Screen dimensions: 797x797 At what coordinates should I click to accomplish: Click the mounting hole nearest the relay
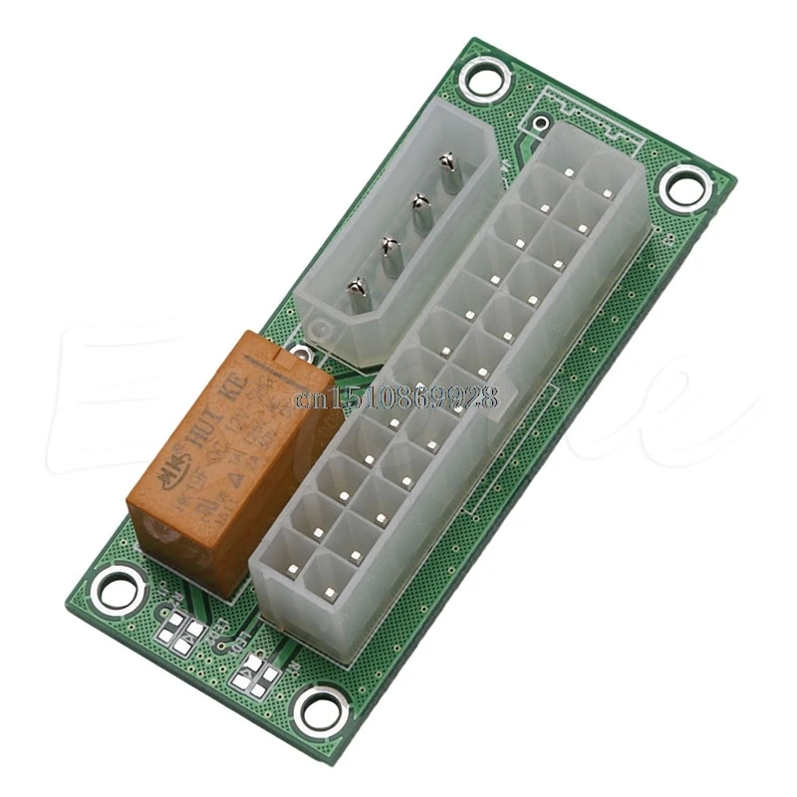pyautogui.click(x=119, y=590)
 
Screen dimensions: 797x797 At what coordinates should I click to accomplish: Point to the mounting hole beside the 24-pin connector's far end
pyautogui.click(x=686, y=186)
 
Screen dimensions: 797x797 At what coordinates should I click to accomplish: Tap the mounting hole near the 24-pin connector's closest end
pyautogui.click(x=321, y=710)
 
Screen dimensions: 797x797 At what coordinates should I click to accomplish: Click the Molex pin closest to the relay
pyautogui.click(x=356, y=290)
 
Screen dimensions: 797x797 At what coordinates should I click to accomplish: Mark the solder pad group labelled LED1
pyautogui.click(x=257, y=673)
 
